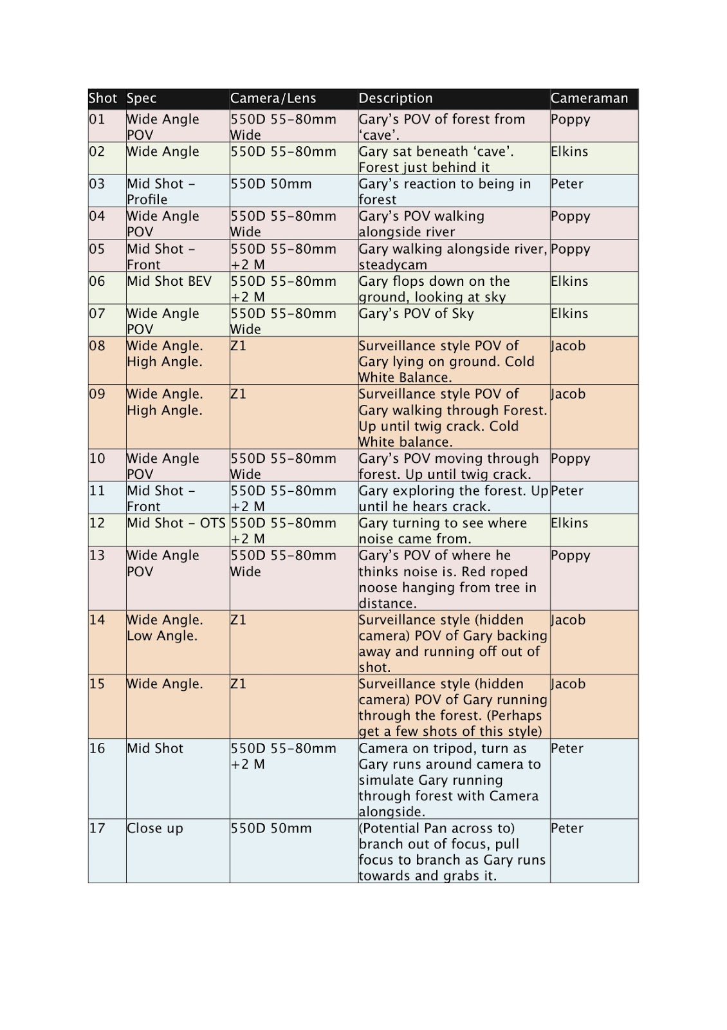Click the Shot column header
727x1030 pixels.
tap(103, 98)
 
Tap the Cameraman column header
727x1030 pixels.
tap(589, 98)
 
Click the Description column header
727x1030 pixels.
tap(395, 98)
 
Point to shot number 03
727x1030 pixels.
tap(97, 184)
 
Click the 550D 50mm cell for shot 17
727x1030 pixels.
tap(271, 829)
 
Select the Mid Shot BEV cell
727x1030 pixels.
tap(169, 281)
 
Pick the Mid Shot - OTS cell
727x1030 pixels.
tap(176, 523)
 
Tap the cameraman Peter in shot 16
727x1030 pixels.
tap(567, 749)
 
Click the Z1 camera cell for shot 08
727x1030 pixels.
tap(238, 346)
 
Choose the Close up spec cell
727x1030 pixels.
tap(154, 829)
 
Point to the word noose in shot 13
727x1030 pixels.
tap(378, 588)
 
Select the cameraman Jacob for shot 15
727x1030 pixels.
tap(568, 684)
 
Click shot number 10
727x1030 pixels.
tap(97, 459)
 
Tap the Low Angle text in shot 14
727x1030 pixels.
tap(161, 636)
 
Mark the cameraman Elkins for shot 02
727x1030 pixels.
tap(569, 152)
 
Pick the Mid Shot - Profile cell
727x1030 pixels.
tap(161, 191)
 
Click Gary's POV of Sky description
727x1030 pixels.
tap(416, 314)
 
